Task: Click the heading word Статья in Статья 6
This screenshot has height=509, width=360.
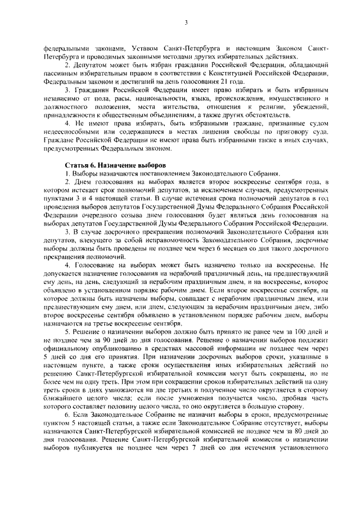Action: pyautogui.click(x=78, y=166)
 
